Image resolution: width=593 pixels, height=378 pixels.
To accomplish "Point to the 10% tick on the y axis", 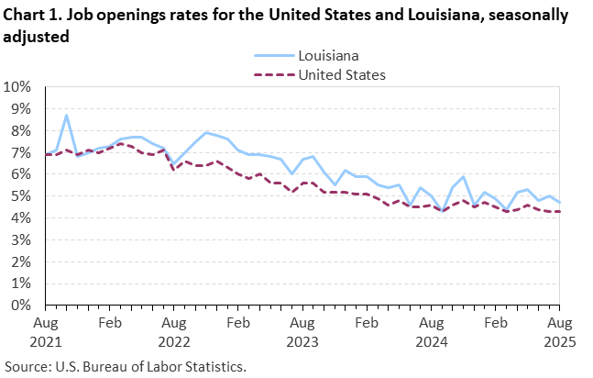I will (x=19, y=87).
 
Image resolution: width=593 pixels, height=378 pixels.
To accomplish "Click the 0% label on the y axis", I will (x=23, y=306).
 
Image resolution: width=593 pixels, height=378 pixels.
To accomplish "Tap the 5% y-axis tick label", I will (x=23, y=196).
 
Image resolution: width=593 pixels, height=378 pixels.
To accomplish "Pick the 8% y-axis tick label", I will (x=23, y=131).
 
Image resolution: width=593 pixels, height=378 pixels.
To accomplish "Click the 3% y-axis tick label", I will (x=23, y=240).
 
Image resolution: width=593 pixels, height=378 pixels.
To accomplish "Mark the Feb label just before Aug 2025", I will (x=495, y=323).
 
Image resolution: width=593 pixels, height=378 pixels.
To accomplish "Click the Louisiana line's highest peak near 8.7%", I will (x=66, y=116).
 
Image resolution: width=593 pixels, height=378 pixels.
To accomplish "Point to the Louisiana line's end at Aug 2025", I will (x=559, y=203).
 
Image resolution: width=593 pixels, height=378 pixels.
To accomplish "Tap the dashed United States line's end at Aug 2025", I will (x=559, y=212).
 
